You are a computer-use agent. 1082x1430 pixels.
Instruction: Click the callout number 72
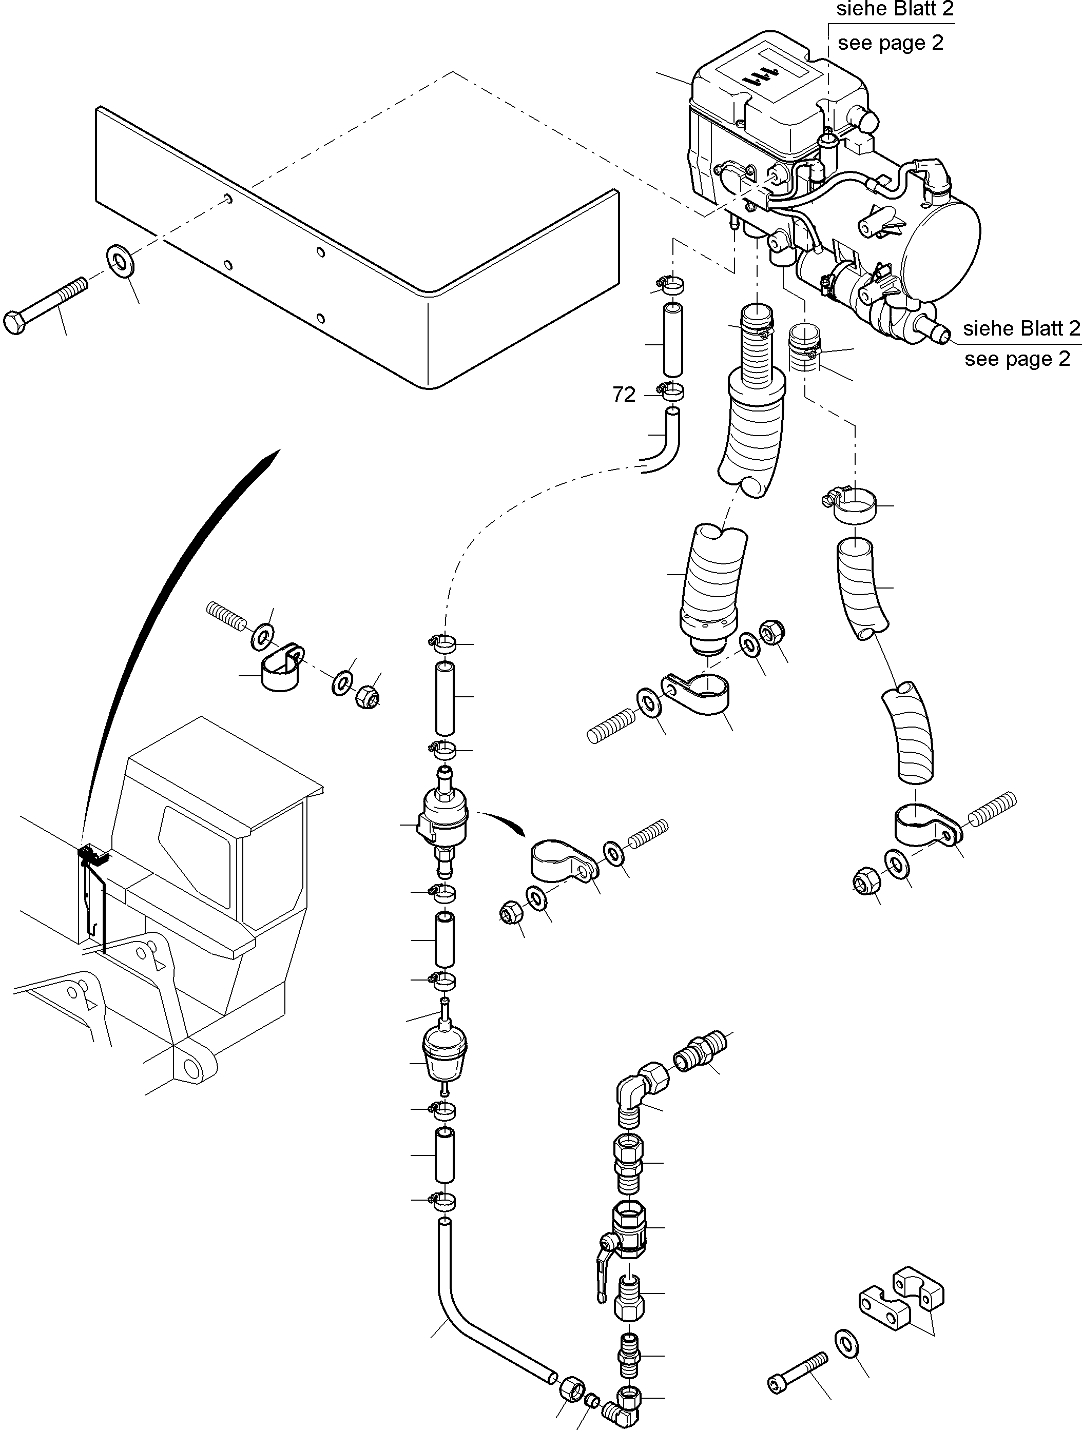624,395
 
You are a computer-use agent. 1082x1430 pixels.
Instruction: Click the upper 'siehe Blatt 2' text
895,9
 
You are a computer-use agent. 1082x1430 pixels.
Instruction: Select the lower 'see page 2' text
1017,359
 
